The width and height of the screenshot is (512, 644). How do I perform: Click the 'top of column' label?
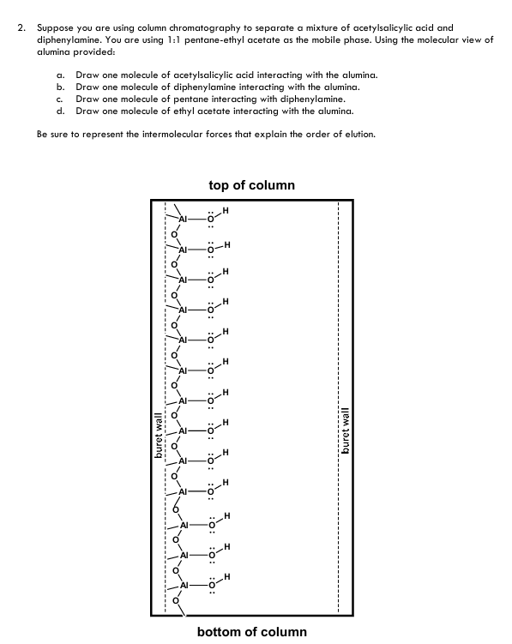(x=251, y=185)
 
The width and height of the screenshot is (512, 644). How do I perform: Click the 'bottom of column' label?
(x=251, y=632)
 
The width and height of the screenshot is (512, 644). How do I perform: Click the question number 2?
(x=21, y=28)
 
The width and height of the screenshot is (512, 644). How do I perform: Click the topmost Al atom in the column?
(x=183, y=214)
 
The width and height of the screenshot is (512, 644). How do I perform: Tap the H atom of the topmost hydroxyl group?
(x=225, y=208)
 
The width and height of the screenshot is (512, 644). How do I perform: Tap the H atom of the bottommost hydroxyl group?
(x=226, y=577)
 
